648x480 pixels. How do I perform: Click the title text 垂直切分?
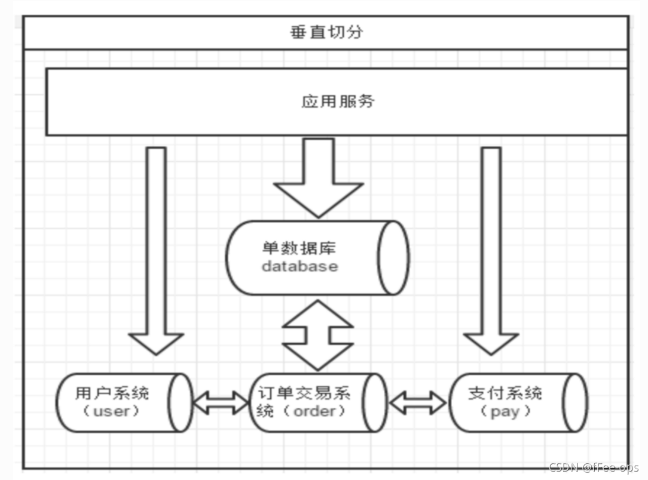pos(326,32)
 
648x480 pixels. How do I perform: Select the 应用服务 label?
pos(338,101)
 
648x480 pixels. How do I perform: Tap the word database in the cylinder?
pos(300,266)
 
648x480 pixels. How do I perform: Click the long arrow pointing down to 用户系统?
pos(157,251)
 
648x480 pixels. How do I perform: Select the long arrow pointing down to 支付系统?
pos(491,251)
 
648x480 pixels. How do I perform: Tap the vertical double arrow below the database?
pos(318,334)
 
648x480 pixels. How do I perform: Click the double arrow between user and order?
pos(221,402)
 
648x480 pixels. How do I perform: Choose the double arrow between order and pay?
pos(418,402)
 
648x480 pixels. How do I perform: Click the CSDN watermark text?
pos(594,467)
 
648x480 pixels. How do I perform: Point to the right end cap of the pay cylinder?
pos(575,402)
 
